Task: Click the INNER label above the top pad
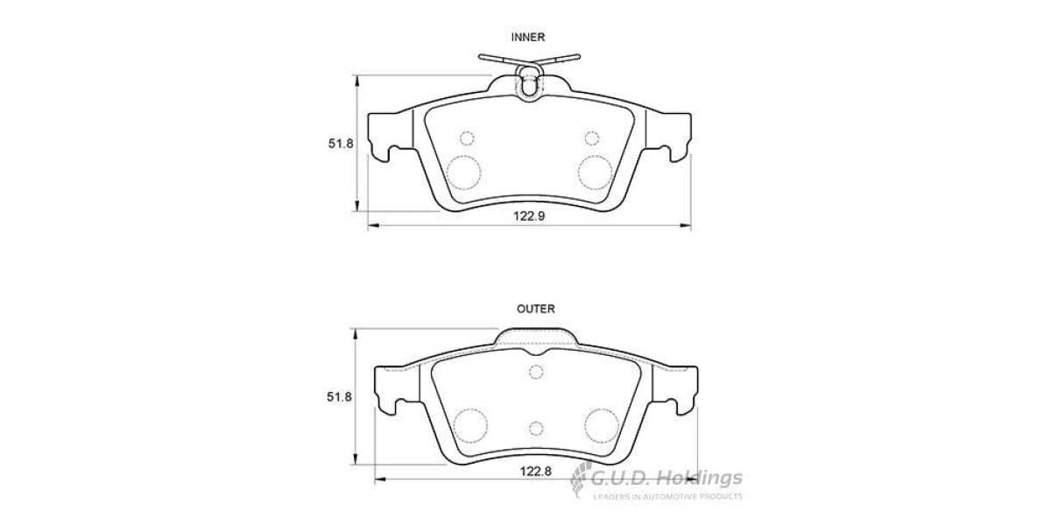(x=528, y=37)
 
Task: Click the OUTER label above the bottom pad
(x=535, y=309)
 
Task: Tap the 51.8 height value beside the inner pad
(x=341, y=144)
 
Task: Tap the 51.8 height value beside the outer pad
(x=341, y=397)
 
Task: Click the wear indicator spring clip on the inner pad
(x=529, y=78)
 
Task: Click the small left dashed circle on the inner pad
(x=467, y=138)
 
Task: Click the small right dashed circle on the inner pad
(x=591, y=138)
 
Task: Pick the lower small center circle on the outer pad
(x=537, y=428)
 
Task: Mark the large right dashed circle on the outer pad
(x=601, y=423)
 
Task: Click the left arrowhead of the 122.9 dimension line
(x=371, y=227)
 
